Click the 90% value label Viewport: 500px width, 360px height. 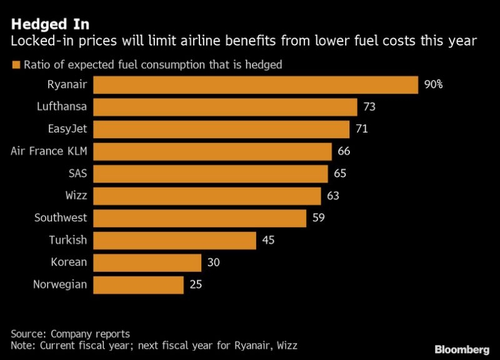pyautogui.click(x=433, y=85)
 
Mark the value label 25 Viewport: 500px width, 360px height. pyautogui.click(x=195, y=285)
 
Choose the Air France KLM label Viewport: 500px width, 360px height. pyautogui.click(x=50, y=151)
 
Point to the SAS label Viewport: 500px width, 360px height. pyautogui.click(x=77, y=174)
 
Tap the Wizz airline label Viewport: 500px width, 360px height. pyautogui.click(x=76, y=196)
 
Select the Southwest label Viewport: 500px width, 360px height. pyautogui.click(x=61, y=218)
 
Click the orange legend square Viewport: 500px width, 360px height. pyautogui.click(x=15, y=64)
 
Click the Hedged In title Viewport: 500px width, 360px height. pyautogui.click(x=50, y=24)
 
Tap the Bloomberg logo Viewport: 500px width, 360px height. pyautogui.click(x=461, y=347)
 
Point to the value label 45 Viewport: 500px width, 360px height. pyautogui.click(x=267, y=241)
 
